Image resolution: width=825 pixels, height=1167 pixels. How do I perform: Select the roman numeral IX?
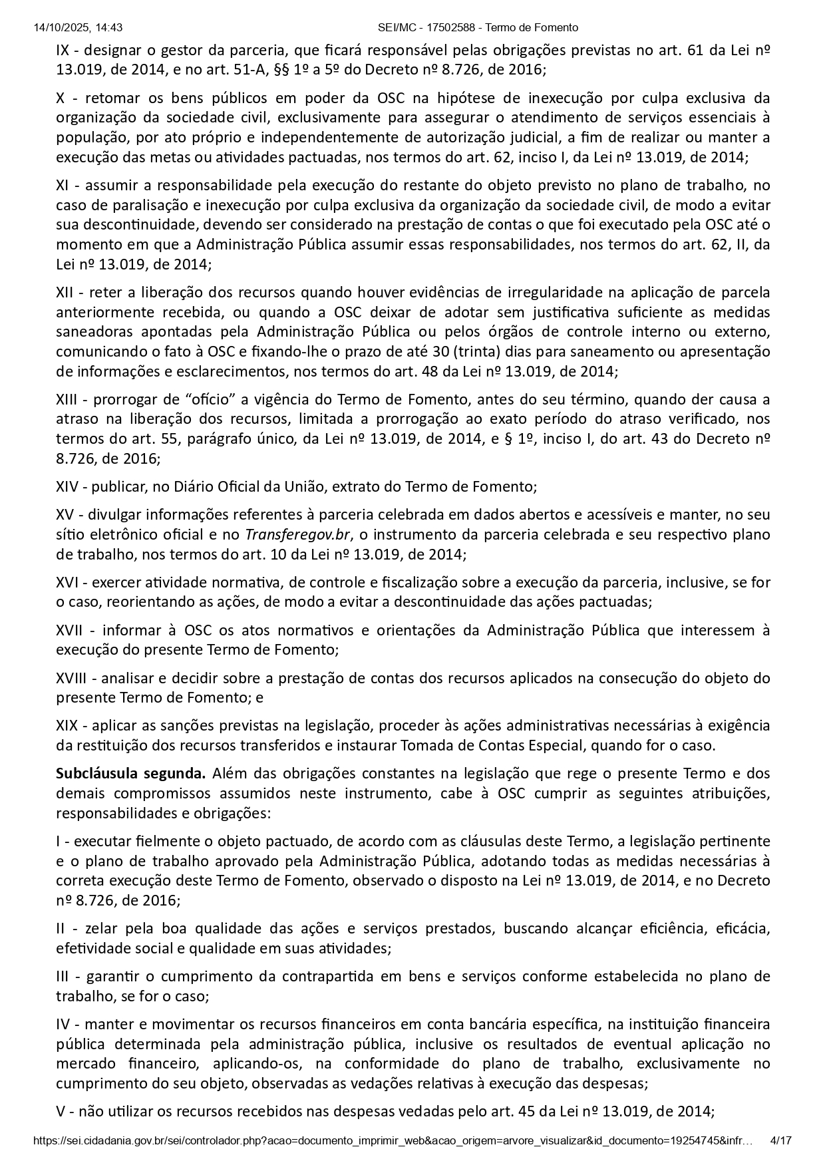63,50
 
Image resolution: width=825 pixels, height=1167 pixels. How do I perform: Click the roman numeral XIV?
67,486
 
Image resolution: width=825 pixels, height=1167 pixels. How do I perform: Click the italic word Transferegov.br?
298,534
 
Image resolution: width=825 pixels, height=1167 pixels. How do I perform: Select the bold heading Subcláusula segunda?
131,773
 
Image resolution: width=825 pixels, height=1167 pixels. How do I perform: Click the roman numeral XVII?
69,629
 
